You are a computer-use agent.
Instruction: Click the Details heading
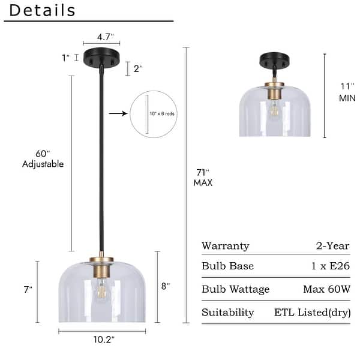pyautogui.click(x=42, y=11)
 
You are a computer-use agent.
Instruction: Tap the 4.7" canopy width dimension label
pyautogui.click(x=106, y=37)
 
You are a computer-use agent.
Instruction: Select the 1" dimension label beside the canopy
pyautogui.click(x=65, y=58)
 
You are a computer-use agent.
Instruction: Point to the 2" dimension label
pyautogui.click(x=138, y=68)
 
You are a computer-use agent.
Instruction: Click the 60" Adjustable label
pyautogui.click(x=43, y=159)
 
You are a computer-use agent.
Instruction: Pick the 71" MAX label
pyautogui.click(x=203, y=178)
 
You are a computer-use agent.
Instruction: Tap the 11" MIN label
pyautogui.click(x=347, y=92)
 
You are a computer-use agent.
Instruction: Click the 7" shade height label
pyautogui.click(x=28, y=290)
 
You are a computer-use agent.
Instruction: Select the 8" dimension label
pyautogui.click(x=166, y=286)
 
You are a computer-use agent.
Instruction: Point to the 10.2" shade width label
pyautogui.click(x=104, y=340)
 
